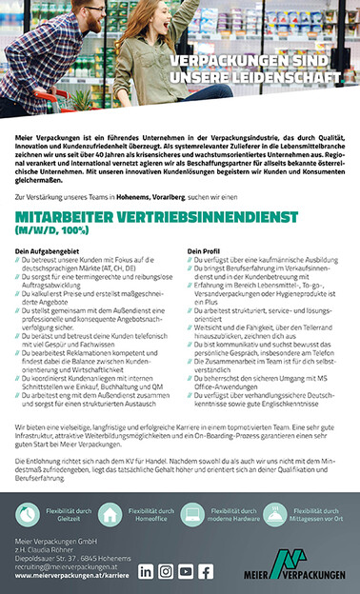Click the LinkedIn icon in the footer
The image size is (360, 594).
tap(146, 570)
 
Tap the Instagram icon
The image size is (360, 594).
tap(166, 570)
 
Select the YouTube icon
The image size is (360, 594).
tap(187, 570)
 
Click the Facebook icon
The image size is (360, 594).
tap(207, 570)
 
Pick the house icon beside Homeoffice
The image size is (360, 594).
tap(110, 515)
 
